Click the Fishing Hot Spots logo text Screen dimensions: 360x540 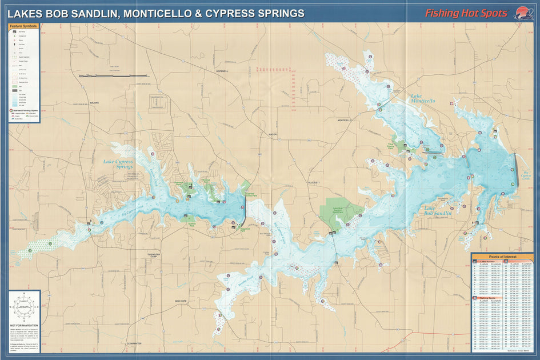465,13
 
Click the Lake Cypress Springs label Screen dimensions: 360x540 118,165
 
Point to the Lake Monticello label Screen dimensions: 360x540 422,98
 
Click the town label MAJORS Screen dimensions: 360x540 94,103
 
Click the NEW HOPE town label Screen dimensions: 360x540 181,301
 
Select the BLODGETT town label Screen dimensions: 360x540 315,183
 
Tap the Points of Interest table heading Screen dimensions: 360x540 502,257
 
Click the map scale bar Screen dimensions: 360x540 114,75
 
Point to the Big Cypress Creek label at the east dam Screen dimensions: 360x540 526,175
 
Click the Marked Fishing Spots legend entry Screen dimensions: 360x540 26,110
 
